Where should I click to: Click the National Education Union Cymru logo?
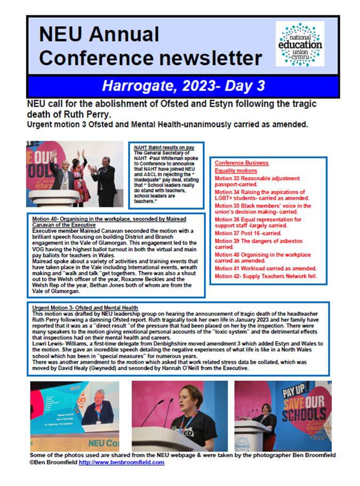coord(300,44)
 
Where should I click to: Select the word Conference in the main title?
coord(92,58)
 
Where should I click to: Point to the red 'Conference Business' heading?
coord(241,163)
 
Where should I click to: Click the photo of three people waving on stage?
coord(74,174)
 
